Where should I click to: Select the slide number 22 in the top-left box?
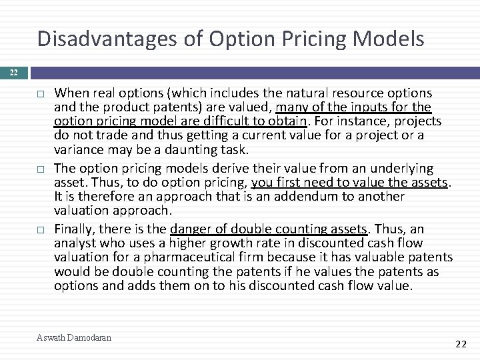coord(14,72)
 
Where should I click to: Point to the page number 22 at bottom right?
coord(459,344)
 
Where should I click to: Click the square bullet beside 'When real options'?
coord(41,93)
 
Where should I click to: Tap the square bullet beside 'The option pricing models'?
coord(41,169)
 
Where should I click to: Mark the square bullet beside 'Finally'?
coord(41,229)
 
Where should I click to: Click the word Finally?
coord(77,229)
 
